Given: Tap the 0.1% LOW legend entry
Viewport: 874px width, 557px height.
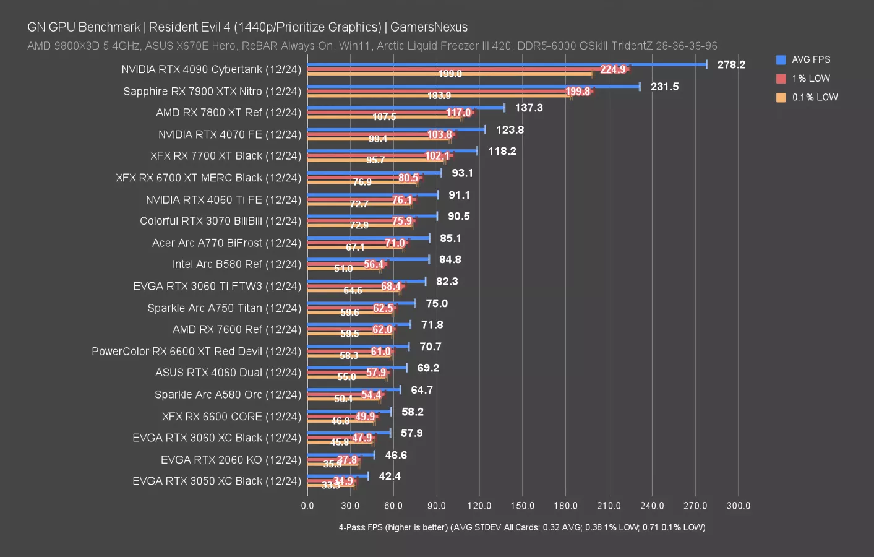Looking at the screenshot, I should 814,97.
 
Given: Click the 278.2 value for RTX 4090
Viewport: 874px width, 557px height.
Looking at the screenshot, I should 731,64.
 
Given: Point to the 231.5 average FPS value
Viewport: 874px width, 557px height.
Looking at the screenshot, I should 664,87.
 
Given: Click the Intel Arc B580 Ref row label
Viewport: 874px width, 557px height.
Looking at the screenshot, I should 236,264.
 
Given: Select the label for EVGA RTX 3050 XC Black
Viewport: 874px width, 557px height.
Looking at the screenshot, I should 216,481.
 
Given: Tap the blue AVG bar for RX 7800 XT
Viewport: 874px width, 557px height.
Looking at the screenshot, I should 406,108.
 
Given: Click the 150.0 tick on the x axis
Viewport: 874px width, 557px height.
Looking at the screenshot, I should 522,506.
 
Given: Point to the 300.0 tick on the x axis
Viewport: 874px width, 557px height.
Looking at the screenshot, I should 738,506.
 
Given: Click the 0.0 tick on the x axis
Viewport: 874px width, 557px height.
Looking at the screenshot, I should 307,506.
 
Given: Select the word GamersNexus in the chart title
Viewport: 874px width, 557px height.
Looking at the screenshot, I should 429,27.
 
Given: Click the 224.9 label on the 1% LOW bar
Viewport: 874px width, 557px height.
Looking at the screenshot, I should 612,69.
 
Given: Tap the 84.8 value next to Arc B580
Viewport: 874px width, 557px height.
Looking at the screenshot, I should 450,260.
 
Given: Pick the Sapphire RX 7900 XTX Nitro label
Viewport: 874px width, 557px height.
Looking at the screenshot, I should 212,91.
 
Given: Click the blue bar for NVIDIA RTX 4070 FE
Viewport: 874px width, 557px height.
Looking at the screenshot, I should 396,129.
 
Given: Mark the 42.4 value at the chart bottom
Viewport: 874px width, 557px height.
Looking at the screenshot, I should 390,477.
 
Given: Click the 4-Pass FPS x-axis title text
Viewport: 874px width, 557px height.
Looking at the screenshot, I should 521,527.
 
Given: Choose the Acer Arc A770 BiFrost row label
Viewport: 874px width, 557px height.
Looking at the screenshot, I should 226,243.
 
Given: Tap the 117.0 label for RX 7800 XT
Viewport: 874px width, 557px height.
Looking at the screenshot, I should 458,113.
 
